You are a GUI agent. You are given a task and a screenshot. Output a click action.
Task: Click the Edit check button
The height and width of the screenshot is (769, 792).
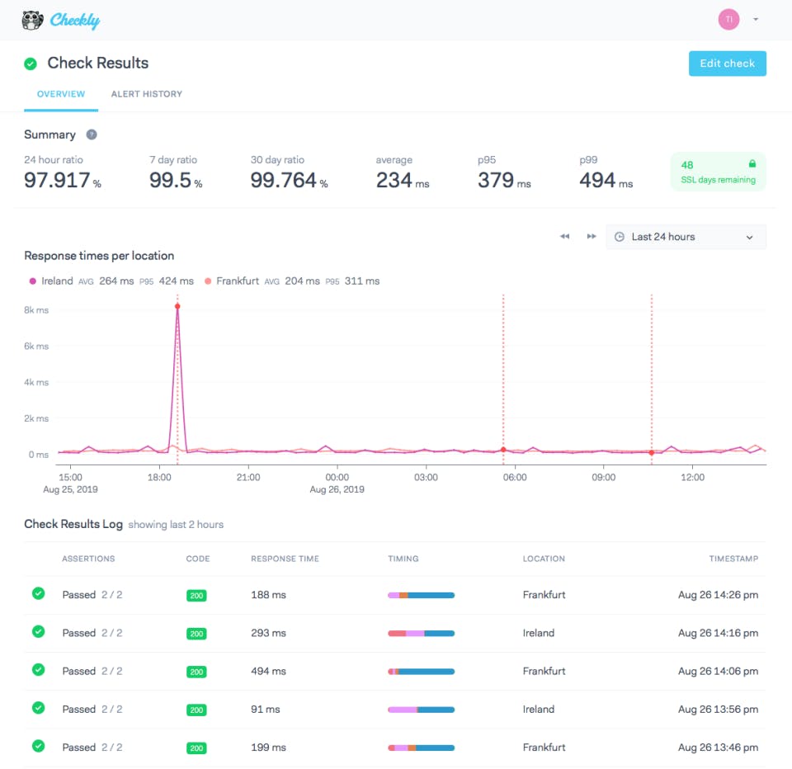pyautogui.click(x=727, y=64)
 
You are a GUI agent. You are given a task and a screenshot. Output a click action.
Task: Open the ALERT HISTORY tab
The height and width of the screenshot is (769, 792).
pyautogui.click(x=147, y=94)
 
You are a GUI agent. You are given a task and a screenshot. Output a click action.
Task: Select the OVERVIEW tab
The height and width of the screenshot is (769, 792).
pyautogui.click(x=61, y=94)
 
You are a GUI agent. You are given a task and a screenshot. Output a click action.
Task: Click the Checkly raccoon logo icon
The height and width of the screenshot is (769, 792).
pyautogui.click(x=33, y=20)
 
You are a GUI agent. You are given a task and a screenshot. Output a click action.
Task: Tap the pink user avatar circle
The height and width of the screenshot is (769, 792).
pyautogui.click(x=728, y=20)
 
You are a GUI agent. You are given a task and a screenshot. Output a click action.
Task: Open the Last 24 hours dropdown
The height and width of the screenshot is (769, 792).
pyautogui.click(x=686, y=237)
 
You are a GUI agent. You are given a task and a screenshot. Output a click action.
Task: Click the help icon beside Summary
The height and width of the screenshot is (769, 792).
pyautogui.click(x=92, y=134)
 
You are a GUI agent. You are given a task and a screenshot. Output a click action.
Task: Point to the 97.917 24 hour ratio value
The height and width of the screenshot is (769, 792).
pyautogui.click(x=58, y=181)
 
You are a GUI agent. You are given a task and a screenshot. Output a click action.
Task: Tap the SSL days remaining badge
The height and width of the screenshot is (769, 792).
pyautogui.click(x=717, y=172)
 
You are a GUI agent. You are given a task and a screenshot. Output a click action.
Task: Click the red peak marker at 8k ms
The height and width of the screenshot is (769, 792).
pyautogui.click(x=177, y=306)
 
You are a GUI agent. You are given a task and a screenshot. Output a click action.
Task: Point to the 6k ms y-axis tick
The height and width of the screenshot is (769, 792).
pyautogui.click(x=36, y=347)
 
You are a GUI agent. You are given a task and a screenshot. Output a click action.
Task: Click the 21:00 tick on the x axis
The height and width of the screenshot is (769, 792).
pyautogui.click(x=248, y=477)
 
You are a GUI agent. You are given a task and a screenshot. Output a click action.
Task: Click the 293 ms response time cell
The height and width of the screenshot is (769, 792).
pyautogui.click(x=268, y=633)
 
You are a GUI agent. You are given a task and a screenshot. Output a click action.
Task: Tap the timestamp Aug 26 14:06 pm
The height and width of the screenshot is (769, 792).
pyautogui.click(x=718, y=671)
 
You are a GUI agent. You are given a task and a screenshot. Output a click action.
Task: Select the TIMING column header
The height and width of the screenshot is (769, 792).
pyautogui.click(x=403, y=559)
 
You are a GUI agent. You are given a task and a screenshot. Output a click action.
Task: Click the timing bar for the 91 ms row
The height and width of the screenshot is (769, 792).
pyautogui.click(x=421, y=710)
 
